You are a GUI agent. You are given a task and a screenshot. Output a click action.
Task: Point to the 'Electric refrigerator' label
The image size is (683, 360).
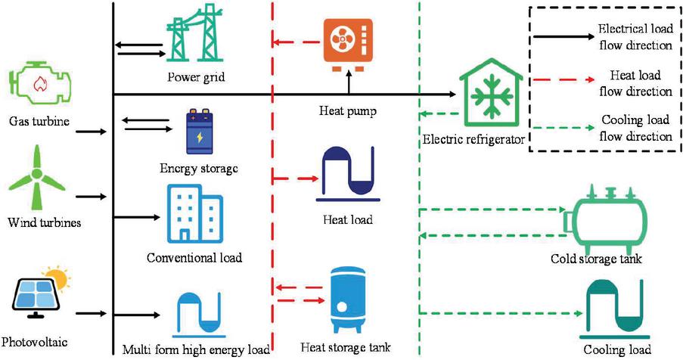pyautogui.click(x=474, y=140)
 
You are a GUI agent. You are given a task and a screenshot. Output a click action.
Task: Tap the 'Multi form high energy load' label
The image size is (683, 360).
pyautogui.click(x=196, y=350)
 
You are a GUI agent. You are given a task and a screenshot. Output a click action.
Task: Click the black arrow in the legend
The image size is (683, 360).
pyautogui.click(x=563, y=36)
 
